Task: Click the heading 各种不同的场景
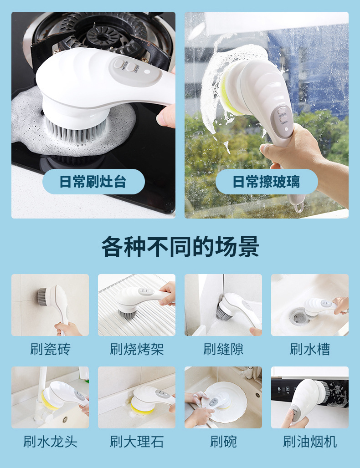pyautogui.click(x=180, y=247)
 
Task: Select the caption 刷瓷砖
pyautogui.click(x=50, y=349)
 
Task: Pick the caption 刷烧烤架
pyautogui.click(x=137, y=349)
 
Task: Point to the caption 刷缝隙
pyautogui.click(x=223, y=349)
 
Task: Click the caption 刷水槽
pyautogui.click(x=310, y=349)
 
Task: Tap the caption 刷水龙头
pyautogui.click(x=50, y=441)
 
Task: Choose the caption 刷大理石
pyautogui.click(x=137, y=441)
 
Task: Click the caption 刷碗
pyautogui.click(x=223, y=441)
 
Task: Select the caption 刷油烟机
pyautogui.click(x=310, y=441)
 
